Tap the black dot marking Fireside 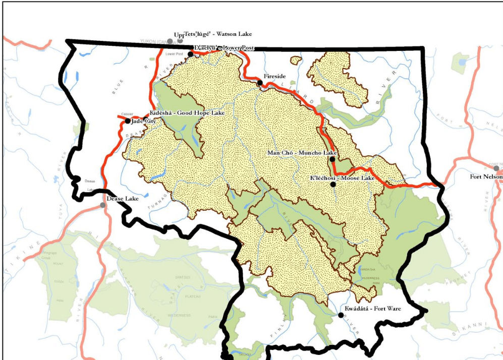click(260, 82)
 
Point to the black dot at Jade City click(128, 121)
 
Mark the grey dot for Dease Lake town click(103, 205)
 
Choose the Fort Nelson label click(486, 176)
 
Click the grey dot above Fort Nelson click(497, 168)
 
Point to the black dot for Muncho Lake click(332, 159)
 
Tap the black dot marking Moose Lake click(333, 184)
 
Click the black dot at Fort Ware click(341, 315)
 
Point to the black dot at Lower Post click(190, 54)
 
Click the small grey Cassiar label click(127, 114)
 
